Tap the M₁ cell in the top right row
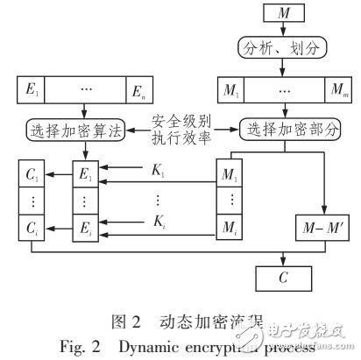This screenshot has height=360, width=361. pos(229,89)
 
